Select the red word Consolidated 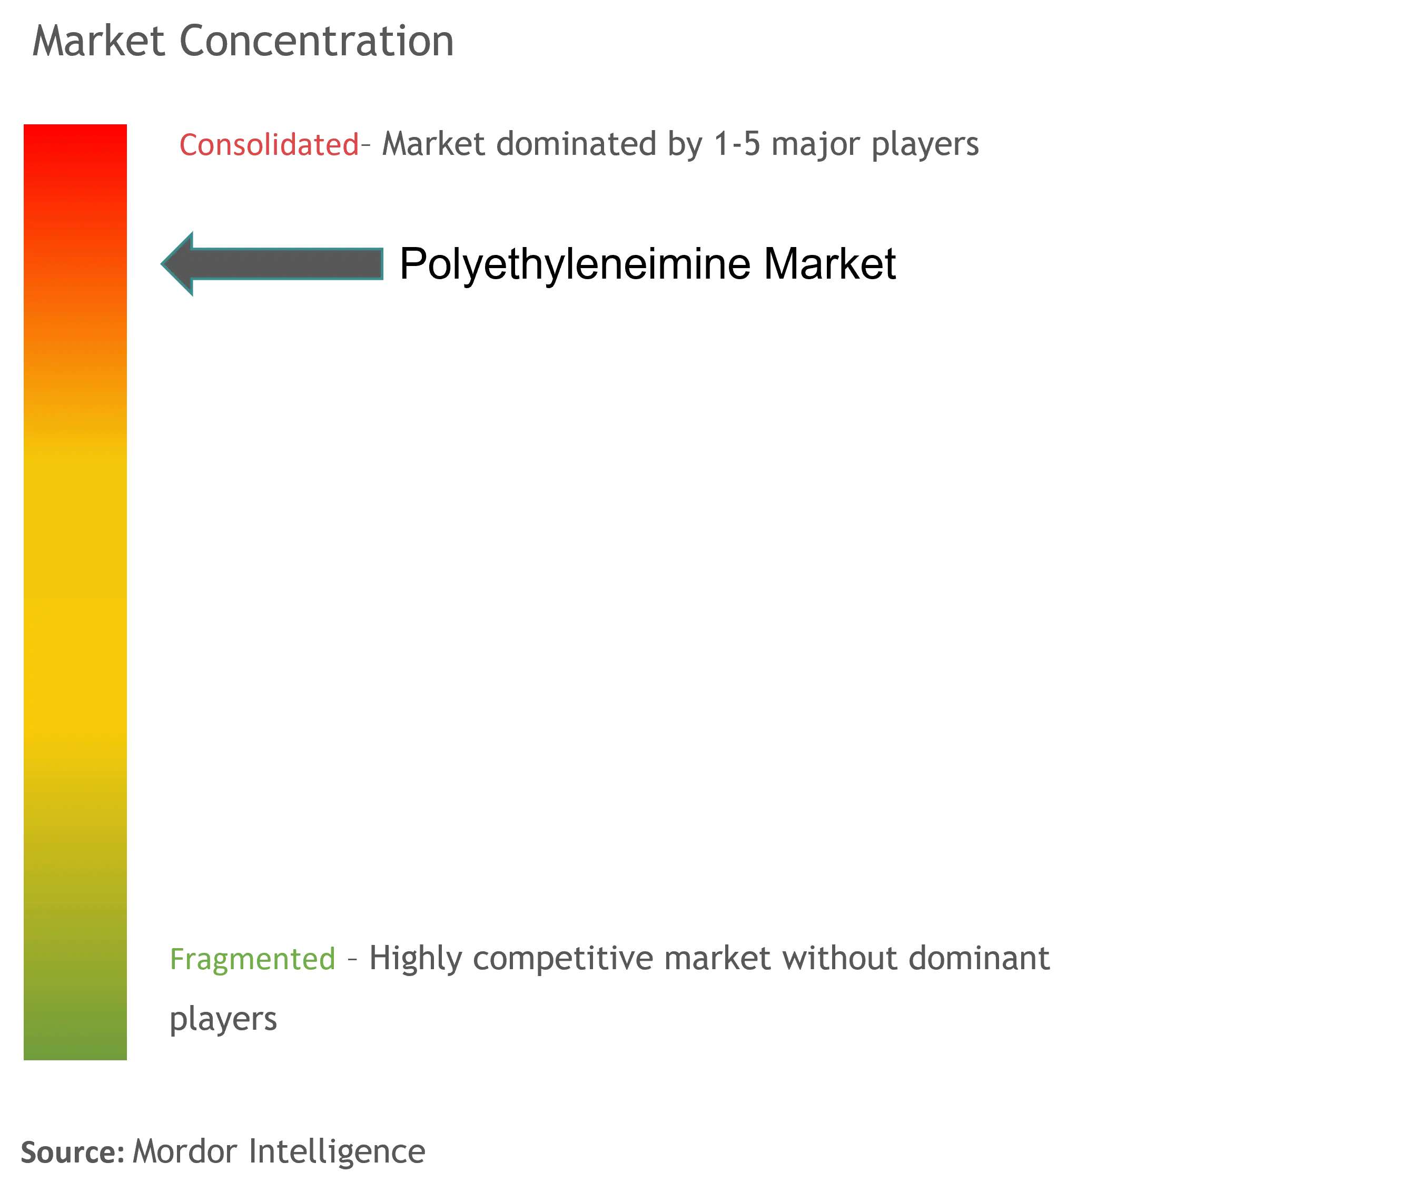[269, 145]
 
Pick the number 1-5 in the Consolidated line [737, 144]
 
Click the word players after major [925, 145]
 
